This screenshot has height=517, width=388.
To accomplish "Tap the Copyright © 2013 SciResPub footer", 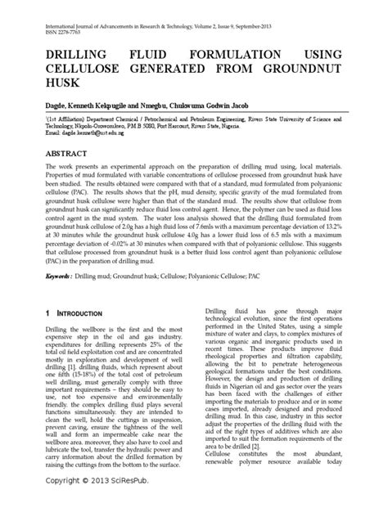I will coord(81,501).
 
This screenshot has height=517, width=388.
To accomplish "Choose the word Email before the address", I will coord(36,134).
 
